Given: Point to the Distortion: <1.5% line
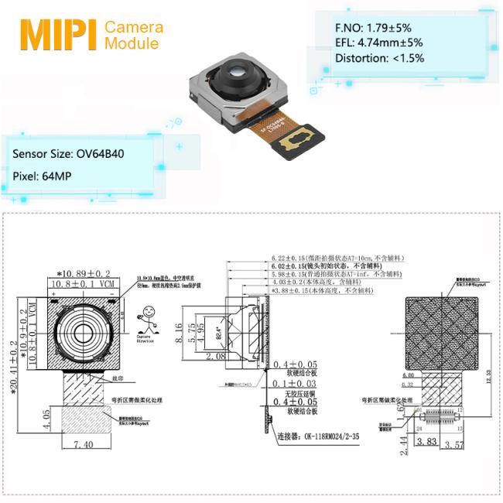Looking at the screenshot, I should click(380, 58).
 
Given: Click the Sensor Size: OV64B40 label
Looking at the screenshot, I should click(68, 153).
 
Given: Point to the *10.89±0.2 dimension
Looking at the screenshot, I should click(83, 274).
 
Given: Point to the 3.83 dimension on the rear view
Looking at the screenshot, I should click(425, 442).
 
